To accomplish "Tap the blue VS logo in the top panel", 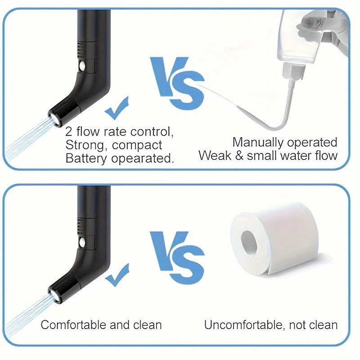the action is click(x=177, y=83).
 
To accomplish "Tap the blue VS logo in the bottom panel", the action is click(x=177, y=258).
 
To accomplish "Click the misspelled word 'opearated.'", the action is click(x=142, y=159).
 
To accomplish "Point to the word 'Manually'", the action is click(x=258, y=143).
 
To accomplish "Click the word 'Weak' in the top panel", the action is click(x=215, y=155).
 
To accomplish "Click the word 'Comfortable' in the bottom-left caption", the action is click(x=73, y=325).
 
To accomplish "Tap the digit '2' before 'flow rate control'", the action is click(x=69, y=132).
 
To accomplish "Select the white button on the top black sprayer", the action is click(x=82, y=66).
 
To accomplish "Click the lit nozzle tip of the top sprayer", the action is click(x=54, y=119).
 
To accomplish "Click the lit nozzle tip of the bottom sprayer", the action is click(x=54, y=295).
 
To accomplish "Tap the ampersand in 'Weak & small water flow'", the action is click(x=239, y=156).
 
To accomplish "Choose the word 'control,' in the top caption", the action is click(x=152, y=132).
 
